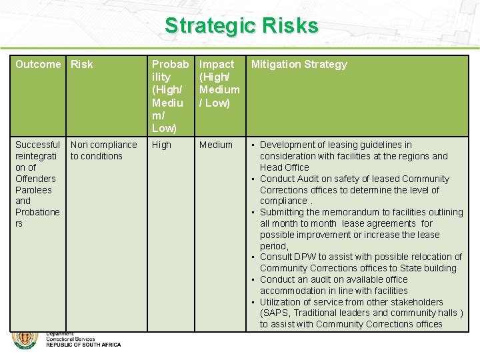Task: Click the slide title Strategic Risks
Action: point(241,26)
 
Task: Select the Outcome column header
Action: point(38,65)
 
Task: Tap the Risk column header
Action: point(82,65)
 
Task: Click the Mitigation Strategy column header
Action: point(299,65)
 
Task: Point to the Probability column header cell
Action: point(170,95)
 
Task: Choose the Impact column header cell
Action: point(219,83)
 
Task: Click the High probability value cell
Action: point(161,145)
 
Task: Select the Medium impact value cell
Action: point(216,145)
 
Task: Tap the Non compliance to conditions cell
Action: point(103,150)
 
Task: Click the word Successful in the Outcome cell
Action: point(37,145)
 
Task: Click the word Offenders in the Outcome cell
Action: point(35,179)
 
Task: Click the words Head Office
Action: point(285,167)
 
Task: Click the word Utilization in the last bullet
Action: point(283,302)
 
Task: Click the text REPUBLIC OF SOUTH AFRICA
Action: point(83,345)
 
